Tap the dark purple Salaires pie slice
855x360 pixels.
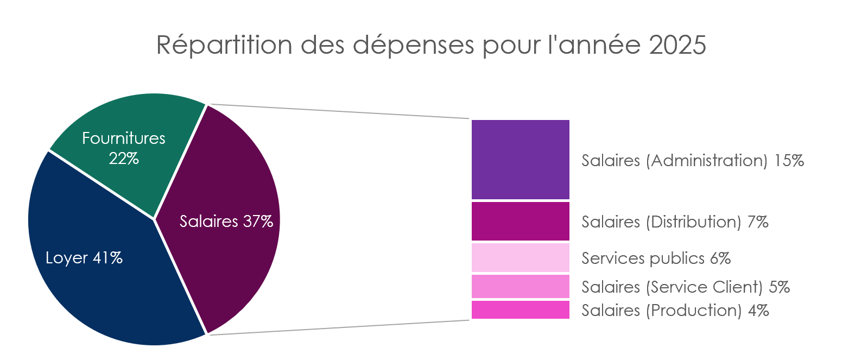228,179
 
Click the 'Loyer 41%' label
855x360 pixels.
84,258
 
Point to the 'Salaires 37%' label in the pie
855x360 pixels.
226,222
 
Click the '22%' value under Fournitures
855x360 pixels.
124,159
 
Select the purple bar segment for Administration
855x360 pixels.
520,160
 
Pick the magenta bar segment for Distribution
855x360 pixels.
520,221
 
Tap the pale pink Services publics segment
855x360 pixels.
520,257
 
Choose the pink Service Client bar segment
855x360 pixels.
520,286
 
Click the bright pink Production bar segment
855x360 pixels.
520,310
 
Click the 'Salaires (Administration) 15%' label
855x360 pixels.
692,161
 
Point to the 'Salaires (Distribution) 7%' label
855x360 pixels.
675,222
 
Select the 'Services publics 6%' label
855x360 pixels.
656,258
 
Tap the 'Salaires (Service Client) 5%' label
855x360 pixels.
685,287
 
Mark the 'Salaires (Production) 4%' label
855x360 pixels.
675,311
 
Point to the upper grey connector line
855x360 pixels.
337,111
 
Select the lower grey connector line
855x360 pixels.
337,327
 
